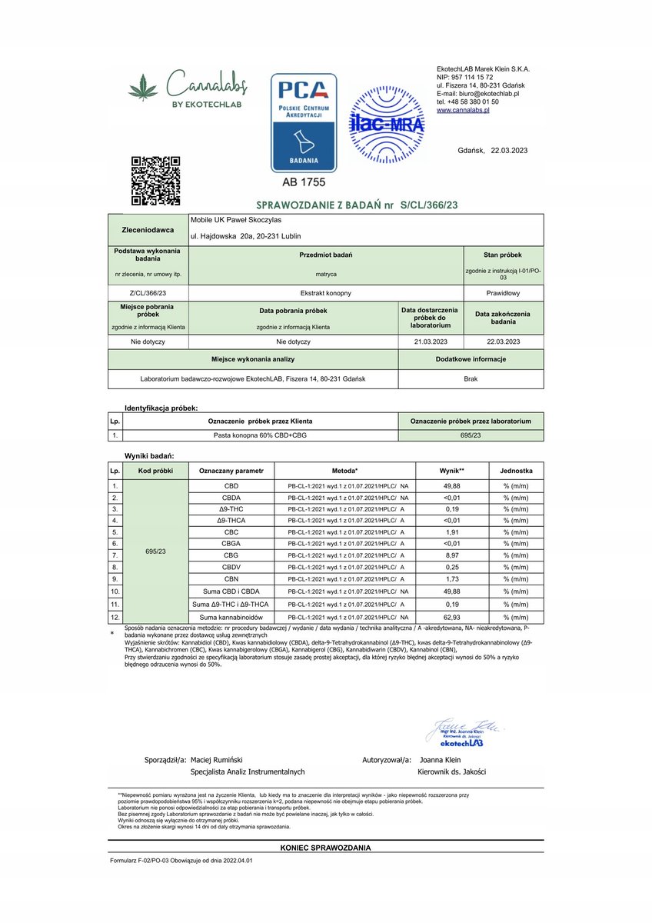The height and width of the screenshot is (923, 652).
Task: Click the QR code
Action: pyautogui.click(x=155, y=181)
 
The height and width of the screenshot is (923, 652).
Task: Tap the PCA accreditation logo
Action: pyautogui.click(x=304, y=122)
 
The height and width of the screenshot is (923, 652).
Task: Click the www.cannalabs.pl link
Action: pyautogui.click(x=464, y=111)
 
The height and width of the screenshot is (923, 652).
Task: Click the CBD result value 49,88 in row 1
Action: pyautogui.click(x=453, y=486)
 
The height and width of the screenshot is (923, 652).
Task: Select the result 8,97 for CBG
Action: pyautogui.click(x=453, y=555)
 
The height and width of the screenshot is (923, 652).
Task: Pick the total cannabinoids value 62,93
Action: pyautogui.click(x=453, y=617)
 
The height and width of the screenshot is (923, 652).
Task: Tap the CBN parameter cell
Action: pyautogui.click(x=231, y=578)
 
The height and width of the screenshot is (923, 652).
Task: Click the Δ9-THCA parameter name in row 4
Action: pyautogui.click(x=231, y=521)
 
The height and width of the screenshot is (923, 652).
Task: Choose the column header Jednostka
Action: pyautogui.click(x=516, y=471)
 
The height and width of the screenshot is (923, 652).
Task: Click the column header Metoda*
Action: pyautogui.click(x=345, y=471)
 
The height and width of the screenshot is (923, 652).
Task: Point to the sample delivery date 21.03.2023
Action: pyautogui.click(x=430, y=341)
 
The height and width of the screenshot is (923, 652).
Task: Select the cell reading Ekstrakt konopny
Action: pyautogui.click(x=326, y=293)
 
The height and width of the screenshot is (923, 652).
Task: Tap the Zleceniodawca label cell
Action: pyautogui.click(x=148, y=229)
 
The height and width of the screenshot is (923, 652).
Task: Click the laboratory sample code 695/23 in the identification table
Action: pyautogui.click(x=471, y=435)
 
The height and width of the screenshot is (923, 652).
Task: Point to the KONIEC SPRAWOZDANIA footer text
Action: pyautogui.click(x=326, y=848)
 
